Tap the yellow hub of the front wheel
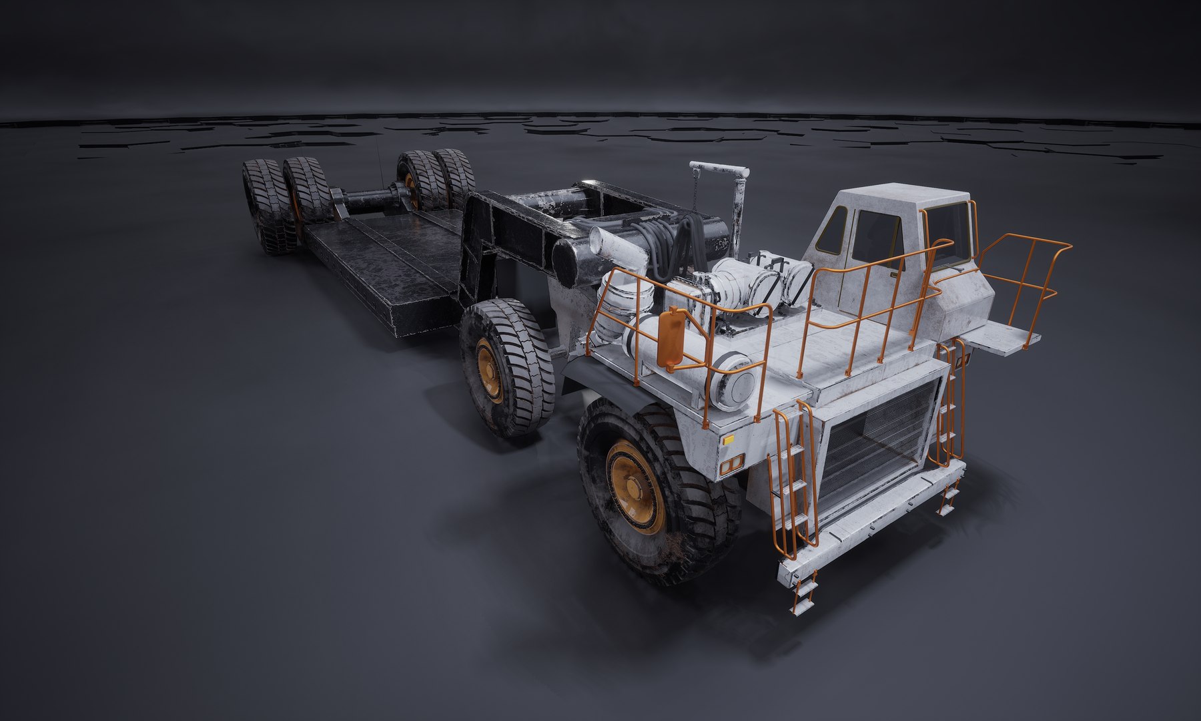click(x=635, y=485)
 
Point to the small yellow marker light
click(x=728, y=440)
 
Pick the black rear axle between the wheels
click(x=367, y=199)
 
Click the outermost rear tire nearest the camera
click(x=264, y=206)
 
